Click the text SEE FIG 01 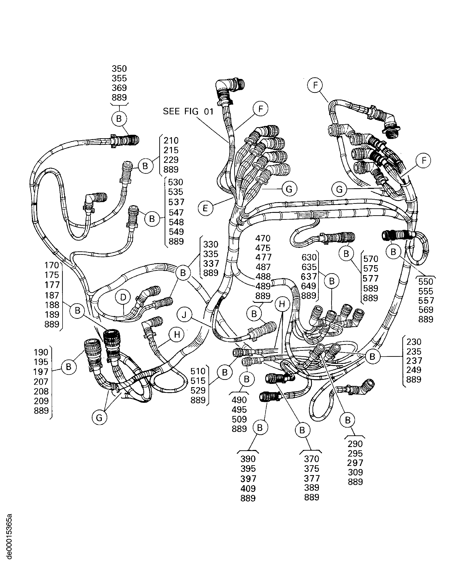tap(188, 111)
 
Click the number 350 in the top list tap(119, 69)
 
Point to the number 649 tap(308, 286)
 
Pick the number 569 tap(426, 310)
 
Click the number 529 tap(198, 390)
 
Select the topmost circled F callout tap(315, 85)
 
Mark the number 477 tap(263, 257)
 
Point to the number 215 tap(171, 150)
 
